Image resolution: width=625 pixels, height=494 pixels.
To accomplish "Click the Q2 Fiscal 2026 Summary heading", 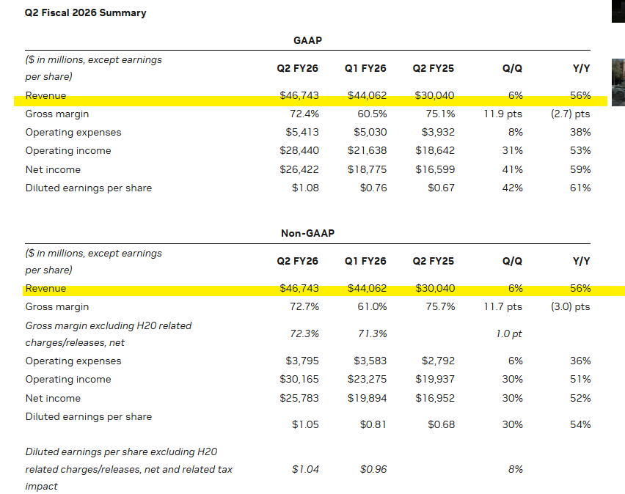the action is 85,12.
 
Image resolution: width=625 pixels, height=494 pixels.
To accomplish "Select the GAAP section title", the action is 307,40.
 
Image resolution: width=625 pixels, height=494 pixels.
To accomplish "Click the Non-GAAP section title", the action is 307,233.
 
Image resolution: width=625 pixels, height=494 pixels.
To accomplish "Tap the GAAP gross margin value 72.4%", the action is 304,114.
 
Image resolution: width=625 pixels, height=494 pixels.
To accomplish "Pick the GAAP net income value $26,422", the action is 299,170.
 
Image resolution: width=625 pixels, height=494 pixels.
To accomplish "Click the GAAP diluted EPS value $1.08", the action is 305,188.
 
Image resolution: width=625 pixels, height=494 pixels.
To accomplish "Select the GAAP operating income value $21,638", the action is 367,150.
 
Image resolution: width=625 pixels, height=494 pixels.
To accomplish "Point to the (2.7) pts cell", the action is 571,114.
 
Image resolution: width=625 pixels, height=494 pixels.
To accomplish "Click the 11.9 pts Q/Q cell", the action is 503,114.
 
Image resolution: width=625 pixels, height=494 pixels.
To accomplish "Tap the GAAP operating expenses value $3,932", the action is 438,132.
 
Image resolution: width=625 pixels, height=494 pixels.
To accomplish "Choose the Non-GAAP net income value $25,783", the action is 299,399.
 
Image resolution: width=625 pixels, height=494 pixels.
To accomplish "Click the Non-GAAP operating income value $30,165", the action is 299,379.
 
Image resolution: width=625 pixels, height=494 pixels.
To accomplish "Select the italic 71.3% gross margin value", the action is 373,333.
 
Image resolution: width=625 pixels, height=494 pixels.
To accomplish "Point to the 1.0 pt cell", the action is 509,333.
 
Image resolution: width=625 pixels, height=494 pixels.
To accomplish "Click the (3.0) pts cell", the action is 571,307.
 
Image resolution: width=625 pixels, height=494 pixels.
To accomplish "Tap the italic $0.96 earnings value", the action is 373,469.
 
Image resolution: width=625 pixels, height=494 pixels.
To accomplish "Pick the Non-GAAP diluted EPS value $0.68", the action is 442,424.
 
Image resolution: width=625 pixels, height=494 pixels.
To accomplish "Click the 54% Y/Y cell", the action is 580,424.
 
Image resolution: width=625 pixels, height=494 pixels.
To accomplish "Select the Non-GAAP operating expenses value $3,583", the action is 370,361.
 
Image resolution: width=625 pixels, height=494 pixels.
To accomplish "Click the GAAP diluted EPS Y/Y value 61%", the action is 580,188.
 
